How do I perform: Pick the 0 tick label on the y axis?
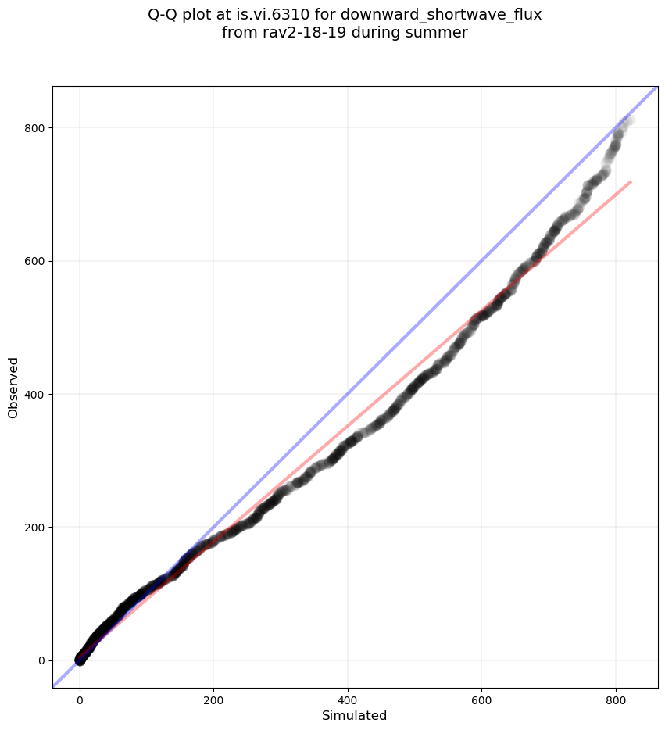click(38, 660)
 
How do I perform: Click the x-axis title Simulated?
click(355, 715)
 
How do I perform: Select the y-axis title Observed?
click(14, 387)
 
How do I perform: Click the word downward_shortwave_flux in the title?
click(441, 14)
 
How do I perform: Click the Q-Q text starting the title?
click(164, 14)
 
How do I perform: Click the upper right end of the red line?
click(630, 182)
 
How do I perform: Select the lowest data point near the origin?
click(80, 660)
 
